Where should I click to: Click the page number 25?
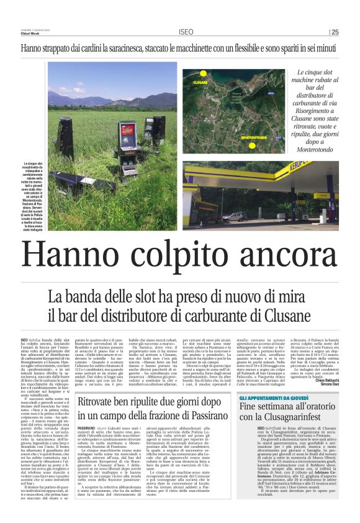(335, 32)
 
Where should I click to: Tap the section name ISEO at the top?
(186, 32)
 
